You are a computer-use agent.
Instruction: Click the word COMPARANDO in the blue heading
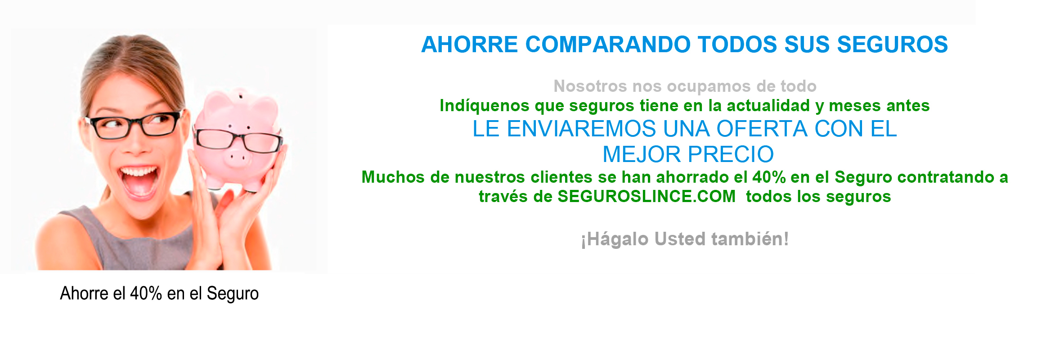607,45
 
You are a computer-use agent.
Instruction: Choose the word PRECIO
730,154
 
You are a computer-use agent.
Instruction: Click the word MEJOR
642,154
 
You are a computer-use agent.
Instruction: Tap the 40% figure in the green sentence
769,177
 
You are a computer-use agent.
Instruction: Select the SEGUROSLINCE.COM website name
647,197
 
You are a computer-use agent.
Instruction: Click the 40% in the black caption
146,293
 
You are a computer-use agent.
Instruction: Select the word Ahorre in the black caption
85,293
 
